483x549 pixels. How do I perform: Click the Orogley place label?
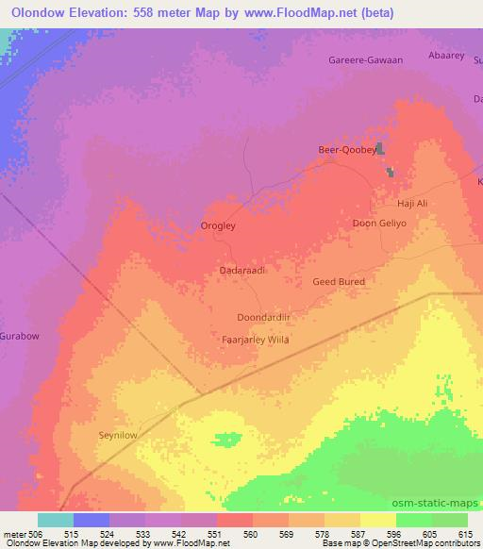220,226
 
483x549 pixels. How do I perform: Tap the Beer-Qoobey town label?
346,150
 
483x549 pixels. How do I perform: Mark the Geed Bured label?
338,281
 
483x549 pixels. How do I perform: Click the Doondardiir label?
263,319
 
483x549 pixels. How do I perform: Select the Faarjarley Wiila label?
254,340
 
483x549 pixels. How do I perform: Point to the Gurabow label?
19,336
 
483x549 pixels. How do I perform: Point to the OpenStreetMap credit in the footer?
432,543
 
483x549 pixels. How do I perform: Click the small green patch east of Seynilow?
226,439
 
